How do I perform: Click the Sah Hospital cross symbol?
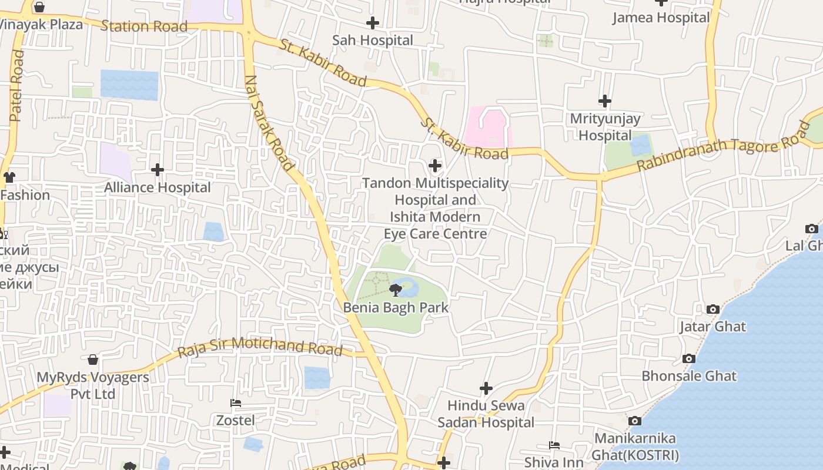[x=372, y=23]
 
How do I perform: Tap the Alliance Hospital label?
[x=157, y=187]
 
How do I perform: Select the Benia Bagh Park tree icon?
[x=396, y=289]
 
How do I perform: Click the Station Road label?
[x=144, y=26]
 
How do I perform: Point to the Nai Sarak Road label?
[x=269, y=123]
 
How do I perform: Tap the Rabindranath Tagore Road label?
[x=723, y=147]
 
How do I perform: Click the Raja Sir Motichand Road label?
[x=260, y=347]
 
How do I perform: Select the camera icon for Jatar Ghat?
[x=712, y=309]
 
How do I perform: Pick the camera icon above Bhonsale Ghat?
[x=688, y=358]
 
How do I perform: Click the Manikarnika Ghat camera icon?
[x=634, y=421]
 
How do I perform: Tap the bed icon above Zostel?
[x=236, y=403]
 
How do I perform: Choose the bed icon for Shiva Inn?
[x=554, y=445]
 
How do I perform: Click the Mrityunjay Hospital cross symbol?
[x=604, y=101]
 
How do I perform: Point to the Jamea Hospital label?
[x=661, y=18]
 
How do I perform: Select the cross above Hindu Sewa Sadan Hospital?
[x=486, y=388]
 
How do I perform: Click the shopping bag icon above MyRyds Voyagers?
[x=93, y=360]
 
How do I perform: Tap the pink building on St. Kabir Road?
[x=488, y=127]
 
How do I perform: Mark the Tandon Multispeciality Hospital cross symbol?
[x=435, y=166]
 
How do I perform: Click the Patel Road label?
[x=17, y=86]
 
